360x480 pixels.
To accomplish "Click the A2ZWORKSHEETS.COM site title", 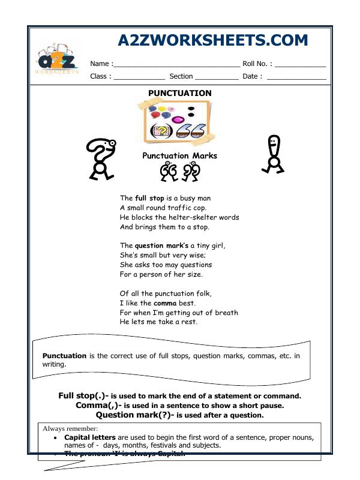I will coord(212,40).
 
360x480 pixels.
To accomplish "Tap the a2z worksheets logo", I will coord(58,61).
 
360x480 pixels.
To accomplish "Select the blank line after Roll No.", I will coord(301,64).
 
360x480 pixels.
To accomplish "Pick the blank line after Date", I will coord(296,77).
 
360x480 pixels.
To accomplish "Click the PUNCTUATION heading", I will coord(179,93).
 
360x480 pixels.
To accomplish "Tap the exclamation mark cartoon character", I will coord(274,155).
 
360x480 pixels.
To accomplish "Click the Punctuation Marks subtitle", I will coord(179,156).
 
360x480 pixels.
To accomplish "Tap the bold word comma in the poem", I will coord(164,303).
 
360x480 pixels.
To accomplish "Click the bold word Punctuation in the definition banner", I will coord(64,356).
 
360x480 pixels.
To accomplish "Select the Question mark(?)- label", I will coord(135,415).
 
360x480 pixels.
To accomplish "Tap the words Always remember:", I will coord(70,428).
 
